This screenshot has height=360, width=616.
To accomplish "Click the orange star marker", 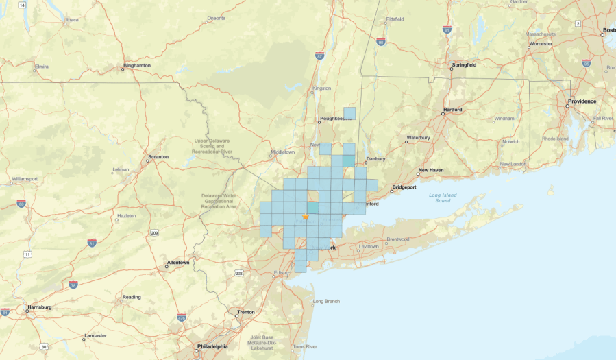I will pos(306,216).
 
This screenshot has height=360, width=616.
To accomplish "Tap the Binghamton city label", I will pos(137,66).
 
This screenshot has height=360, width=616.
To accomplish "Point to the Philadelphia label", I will pos(211,346).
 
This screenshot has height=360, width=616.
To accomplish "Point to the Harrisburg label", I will pos(39,307).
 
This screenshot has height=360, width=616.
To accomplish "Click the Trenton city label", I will pos(246,312).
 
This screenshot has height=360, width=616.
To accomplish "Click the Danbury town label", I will pos(376,159).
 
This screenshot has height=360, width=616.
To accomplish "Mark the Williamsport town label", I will pos(25,179).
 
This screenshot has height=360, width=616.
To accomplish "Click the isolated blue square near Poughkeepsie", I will pos(349,113).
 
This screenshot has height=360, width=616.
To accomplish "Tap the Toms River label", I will pos(305,346).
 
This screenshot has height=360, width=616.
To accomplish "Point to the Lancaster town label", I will pos(95,335).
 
